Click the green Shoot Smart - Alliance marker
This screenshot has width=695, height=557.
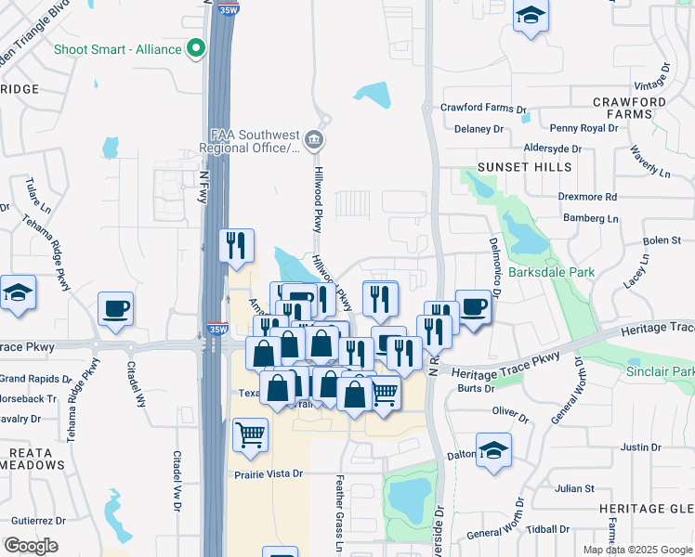pyautogui.click(x=196, y=48)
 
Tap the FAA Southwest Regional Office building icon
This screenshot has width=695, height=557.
pyautogui.click(x=315, y=140)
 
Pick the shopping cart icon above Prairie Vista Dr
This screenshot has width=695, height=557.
pyautogui.click(x=250, y=434)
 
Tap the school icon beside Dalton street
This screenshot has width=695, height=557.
pyautogui.click(x=494, y=450)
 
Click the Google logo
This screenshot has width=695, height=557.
pyautogui.click(x=31, y=546)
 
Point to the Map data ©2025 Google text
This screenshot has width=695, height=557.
pyautogui.click(x=636, y=550)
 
